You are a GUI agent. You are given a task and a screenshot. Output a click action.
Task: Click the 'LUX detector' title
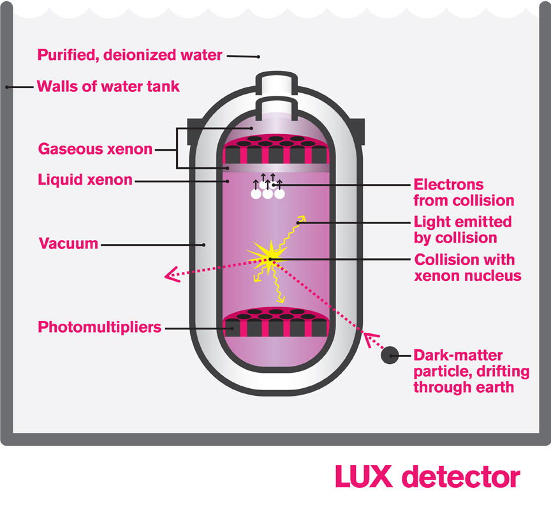(427, 477)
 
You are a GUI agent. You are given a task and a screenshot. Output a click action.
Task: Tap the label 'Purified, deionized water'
(129, 55)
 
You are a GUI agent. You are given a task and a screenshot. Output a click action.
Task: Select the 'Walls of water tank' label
(108, 86)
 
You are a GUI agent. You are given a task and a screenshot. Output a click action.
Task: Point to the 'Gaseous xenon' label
(95, 149)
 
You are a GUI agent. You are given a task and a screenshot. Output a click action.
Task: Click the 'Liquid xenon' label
(85, 180)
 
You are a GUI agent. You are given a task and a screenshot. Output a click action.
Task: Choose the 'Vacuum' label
(68, 243)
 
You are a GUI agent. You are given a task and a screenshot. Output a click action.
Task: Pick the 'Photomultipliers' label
(99, 328)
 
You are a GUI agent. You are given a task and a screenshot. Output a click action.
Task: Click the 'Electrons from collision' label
(464, 192)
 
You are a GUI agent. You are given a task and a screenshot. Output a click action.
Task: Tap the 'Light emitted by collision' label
(463, 230)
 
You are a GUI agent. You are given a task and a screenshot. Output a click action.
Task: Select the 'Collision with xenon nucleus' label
(467, 268)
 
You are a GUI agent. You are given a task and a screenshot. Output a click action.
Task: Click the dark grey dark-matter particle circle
(390, 355)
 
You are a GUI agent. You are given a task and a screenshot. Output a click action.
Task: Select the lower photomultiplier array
(276, 323)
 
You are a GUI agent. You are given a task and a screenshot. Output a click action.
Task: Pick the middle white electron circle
(267, 194)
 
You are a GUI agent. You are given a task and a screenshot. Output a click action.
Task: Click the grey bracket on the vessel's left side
(194, 128)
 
